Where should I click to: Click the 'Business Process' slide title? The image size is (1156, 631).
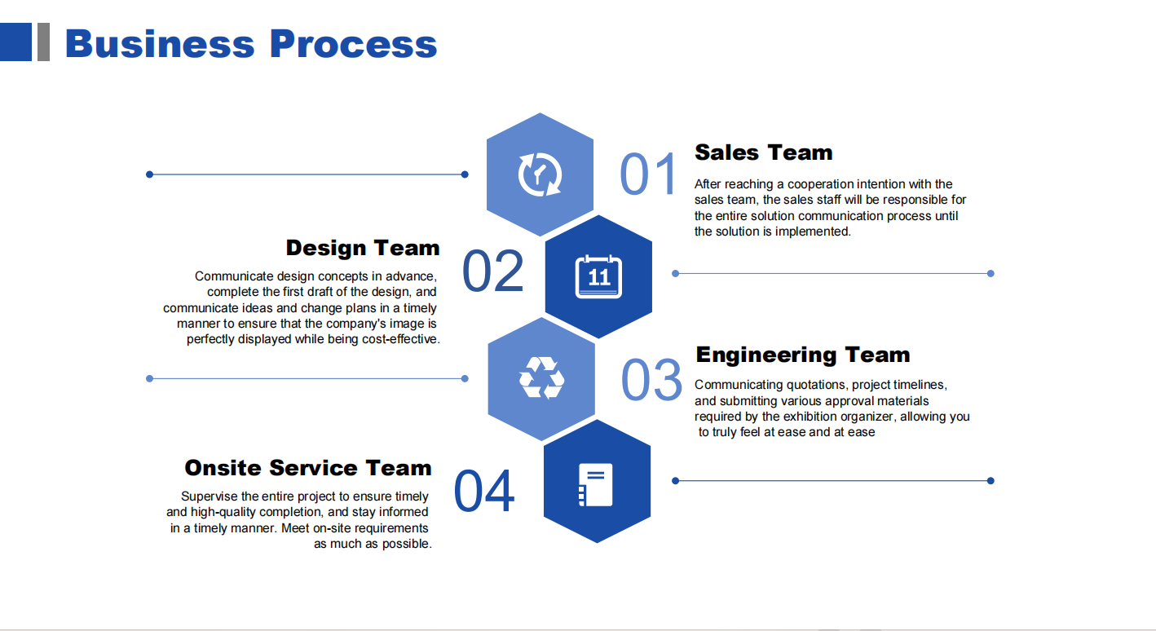tap(251, 44)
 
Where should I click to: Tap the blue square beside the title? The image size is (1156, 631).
tap(15, 42)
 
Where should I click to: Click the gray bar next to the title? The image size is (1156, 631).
tap(44, 42)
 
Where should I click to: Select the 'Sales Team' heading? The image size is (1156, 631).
tap(763, 152)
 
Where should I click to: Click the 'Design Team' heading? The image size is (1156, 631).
tap(363, 248)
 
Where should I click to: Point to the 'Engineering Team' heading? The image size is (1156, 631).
tap(802, 355)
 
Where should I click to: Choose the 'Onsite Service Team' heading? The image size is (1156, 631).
tap(308, 468)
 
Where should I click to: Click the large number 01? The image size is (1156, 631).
tap(648, 174)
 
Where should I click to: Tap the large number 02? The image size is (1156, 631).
tap(493, 271)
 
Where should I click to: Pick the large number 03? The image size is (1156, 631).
tap(652, 380)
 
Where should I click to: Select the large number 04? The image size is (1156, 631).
tap(484, 491)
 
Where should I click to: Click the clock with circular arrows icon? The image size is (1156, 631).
tap(540, 175)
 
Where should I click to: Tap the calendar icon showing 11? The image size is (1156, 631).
tap(598, 276)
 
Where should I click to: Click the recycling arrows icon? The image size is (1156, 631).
tap(541, 377)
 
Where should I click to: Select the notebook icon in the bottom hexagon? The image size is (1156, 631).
tap(596, 484)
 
